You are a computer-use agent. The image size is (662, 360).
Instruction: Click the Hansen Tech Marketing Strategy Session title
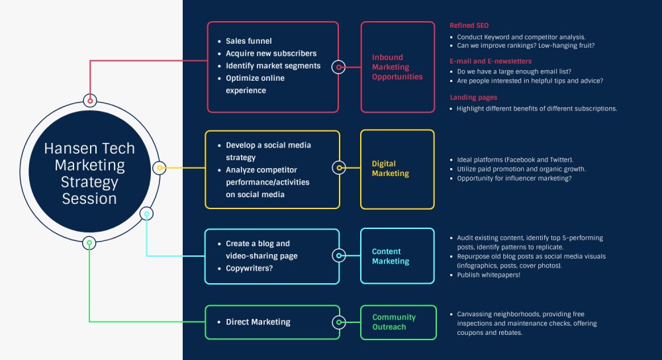pyautogui.click(x=89, y=173)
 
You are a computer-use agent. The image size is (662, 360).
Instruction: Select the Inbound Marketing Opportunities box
pyautogui.click(x=397, y=67)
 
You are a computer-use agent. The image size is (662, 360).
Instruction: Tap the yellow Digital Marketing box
pyautogui.click(x=397, y=169)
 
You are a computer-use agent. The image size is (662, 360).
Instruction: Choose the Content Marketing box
pyautogui.click(x=397, y=256)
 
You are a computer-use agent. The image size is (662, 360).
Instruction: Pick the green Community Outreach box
pyautogui.click(x=399, y=322)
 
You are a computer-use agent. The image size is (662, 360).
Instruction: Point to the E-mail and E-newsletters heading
pyautogui.click(x=490, y=60)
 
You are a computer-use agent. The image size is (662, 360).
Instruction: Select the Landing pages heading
pyautogui.click(x=473, y=97)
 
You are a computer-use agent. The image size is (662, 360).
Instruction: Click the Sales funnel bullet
pyautogui.click(x=248, y=41)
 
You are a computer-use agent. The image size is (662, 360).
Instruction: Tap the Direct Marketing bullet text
pyautogui.click(x=258, y=322)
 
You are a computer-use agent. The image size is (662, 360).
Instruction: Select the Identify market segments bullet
pyautogui.click(x=273, y=66)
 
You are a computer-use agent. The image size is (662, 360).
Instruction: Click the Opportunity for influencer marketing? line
pyautogui.click(x=514, y=179)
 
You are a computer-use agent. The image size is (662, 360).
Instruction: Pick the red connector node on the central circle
pyautogui.click(x=91, y=101)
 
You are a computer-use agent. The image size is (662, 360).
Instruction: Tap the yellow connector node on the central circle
pyautogui.click(x=159, y=167)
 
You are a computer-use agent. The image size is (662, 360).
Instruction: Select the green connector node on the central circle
pyautogui.click(x=89, y=243)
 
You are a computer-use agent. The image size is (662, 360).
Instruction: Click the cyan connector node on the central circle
pyautogui.click(x=146, y=213)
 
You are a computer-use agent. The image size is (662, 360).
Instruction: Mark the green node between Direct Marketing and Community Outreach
pyautogui.click(x=339, y=322)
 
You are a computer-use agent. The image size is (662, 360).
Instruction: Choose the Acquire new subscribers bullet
pyautogui.click(x=271, y=54)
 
